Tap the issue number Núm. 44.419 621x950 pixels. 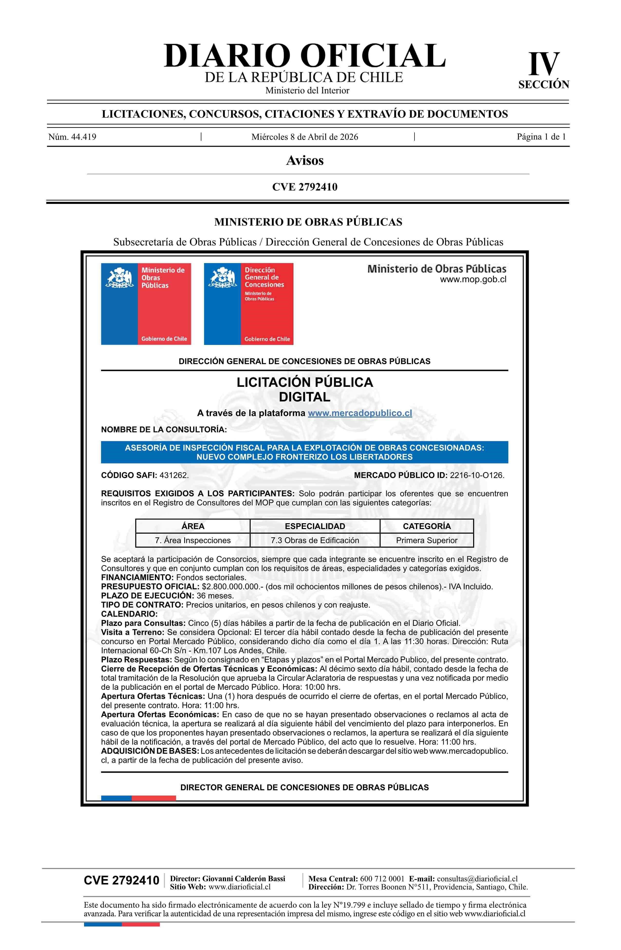(x=72, y=137)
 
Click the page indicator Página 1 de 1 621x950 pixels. (x=541, y=137)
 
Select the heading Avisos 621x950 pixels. (x=304, y=161)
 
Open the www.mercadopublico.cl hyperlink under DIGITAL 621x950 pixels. (x=360, y=413)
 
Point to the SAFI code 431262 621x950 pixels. (x=174, y=475)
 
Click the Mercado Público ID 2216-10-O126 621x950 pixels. (x=477, y=475)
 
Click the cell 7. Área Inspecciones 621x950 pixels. (x=193, y=541)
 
